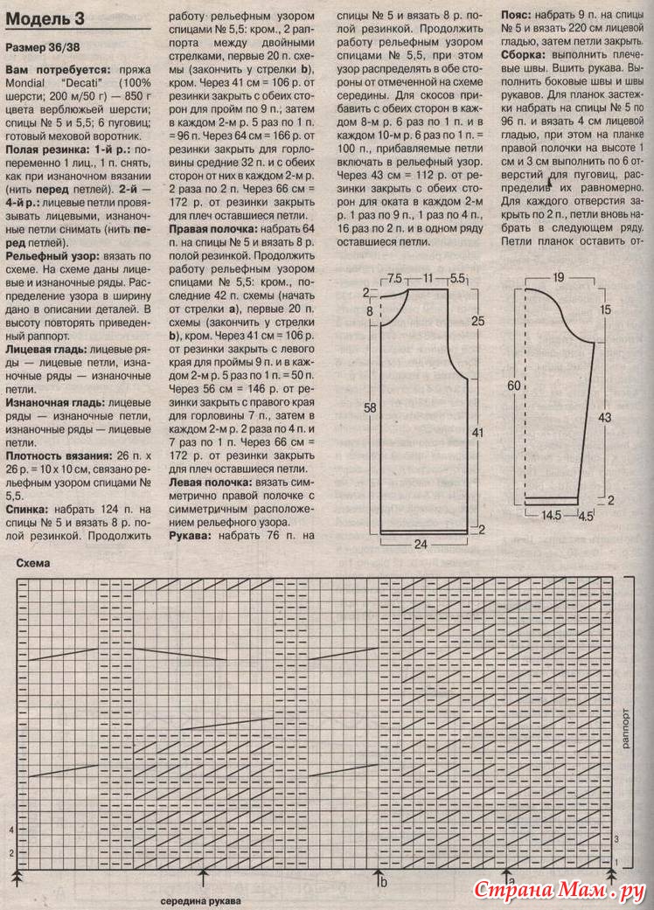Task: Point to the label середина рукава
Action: [x=200, y=900]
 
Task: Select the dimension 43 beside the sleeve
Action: [x=603, y=418]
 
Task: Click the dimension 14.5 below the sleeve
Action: [x=550, y=516]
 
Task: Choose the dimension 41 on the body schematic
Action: [x=477, y=431]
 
